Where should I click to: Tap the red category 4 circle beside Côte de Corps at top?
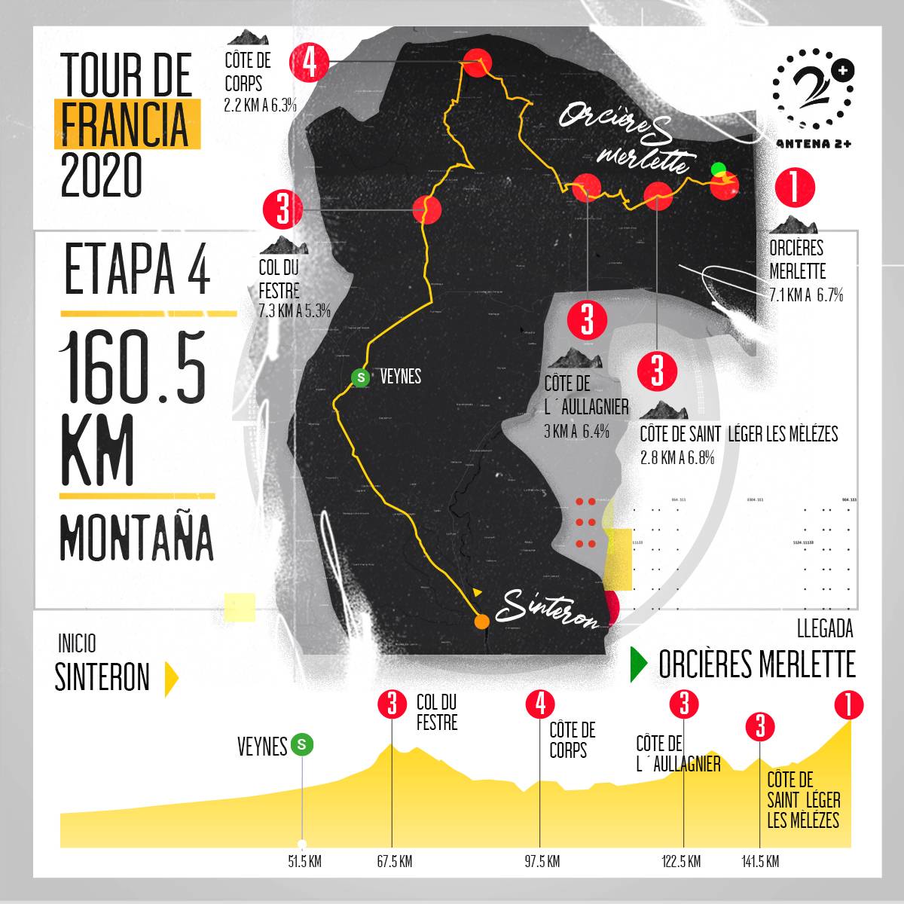pyautogui.click(x=310, y=63)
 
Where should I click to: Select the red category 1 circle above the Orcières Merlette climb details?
pyautogui.click(x=795, y=187)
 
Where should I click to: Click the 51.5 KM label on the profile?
pyautogui.click(x=304, y=862)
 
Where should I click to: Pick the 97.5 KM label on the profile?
pyautogui.click(x=542, y=862)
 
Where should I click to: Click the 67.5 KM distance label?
pyautogui.click(x=394, y=862)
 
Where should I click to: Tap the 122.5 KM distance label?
pyautogui.click(x=682, y=862)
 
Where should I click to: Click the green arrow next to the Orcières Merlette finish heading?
pyautogui.click(x=639, y=664)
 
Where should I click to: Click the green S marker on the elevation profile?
pyautogui.click(x=303, y=745)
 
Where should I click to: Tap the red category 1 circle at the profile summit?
pyautogui.click(x=849, y=706)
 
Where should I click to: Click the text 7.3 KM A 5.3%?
pyautogui.click(x=294, y=311)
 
